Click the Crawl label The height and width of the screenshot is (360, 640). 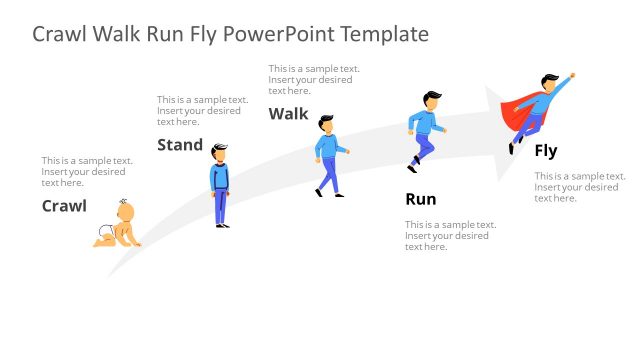64,206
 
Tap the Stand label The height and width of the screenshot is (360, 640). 180,145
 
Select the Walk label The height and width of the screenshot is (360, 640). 288,113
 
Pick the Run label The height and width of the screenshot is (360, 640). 421,198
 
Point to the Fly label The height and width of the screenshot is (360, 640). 545,151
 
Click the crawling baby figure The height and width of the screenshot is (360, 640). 117,224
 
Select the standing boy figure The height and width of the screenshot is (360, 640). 220,185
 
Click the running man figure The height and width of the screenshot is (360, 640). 425,130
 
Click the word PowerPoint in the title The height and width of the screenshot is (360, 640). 280,34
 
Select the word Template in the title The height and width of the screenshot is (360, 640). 384,34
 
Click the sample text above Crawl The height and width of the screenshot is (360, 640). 86,171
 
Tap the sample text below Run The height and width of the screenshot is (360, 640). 450,235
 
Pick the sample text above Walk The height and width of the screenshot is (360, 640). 313,80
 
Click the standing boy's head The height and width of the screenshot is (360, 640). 220,153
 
